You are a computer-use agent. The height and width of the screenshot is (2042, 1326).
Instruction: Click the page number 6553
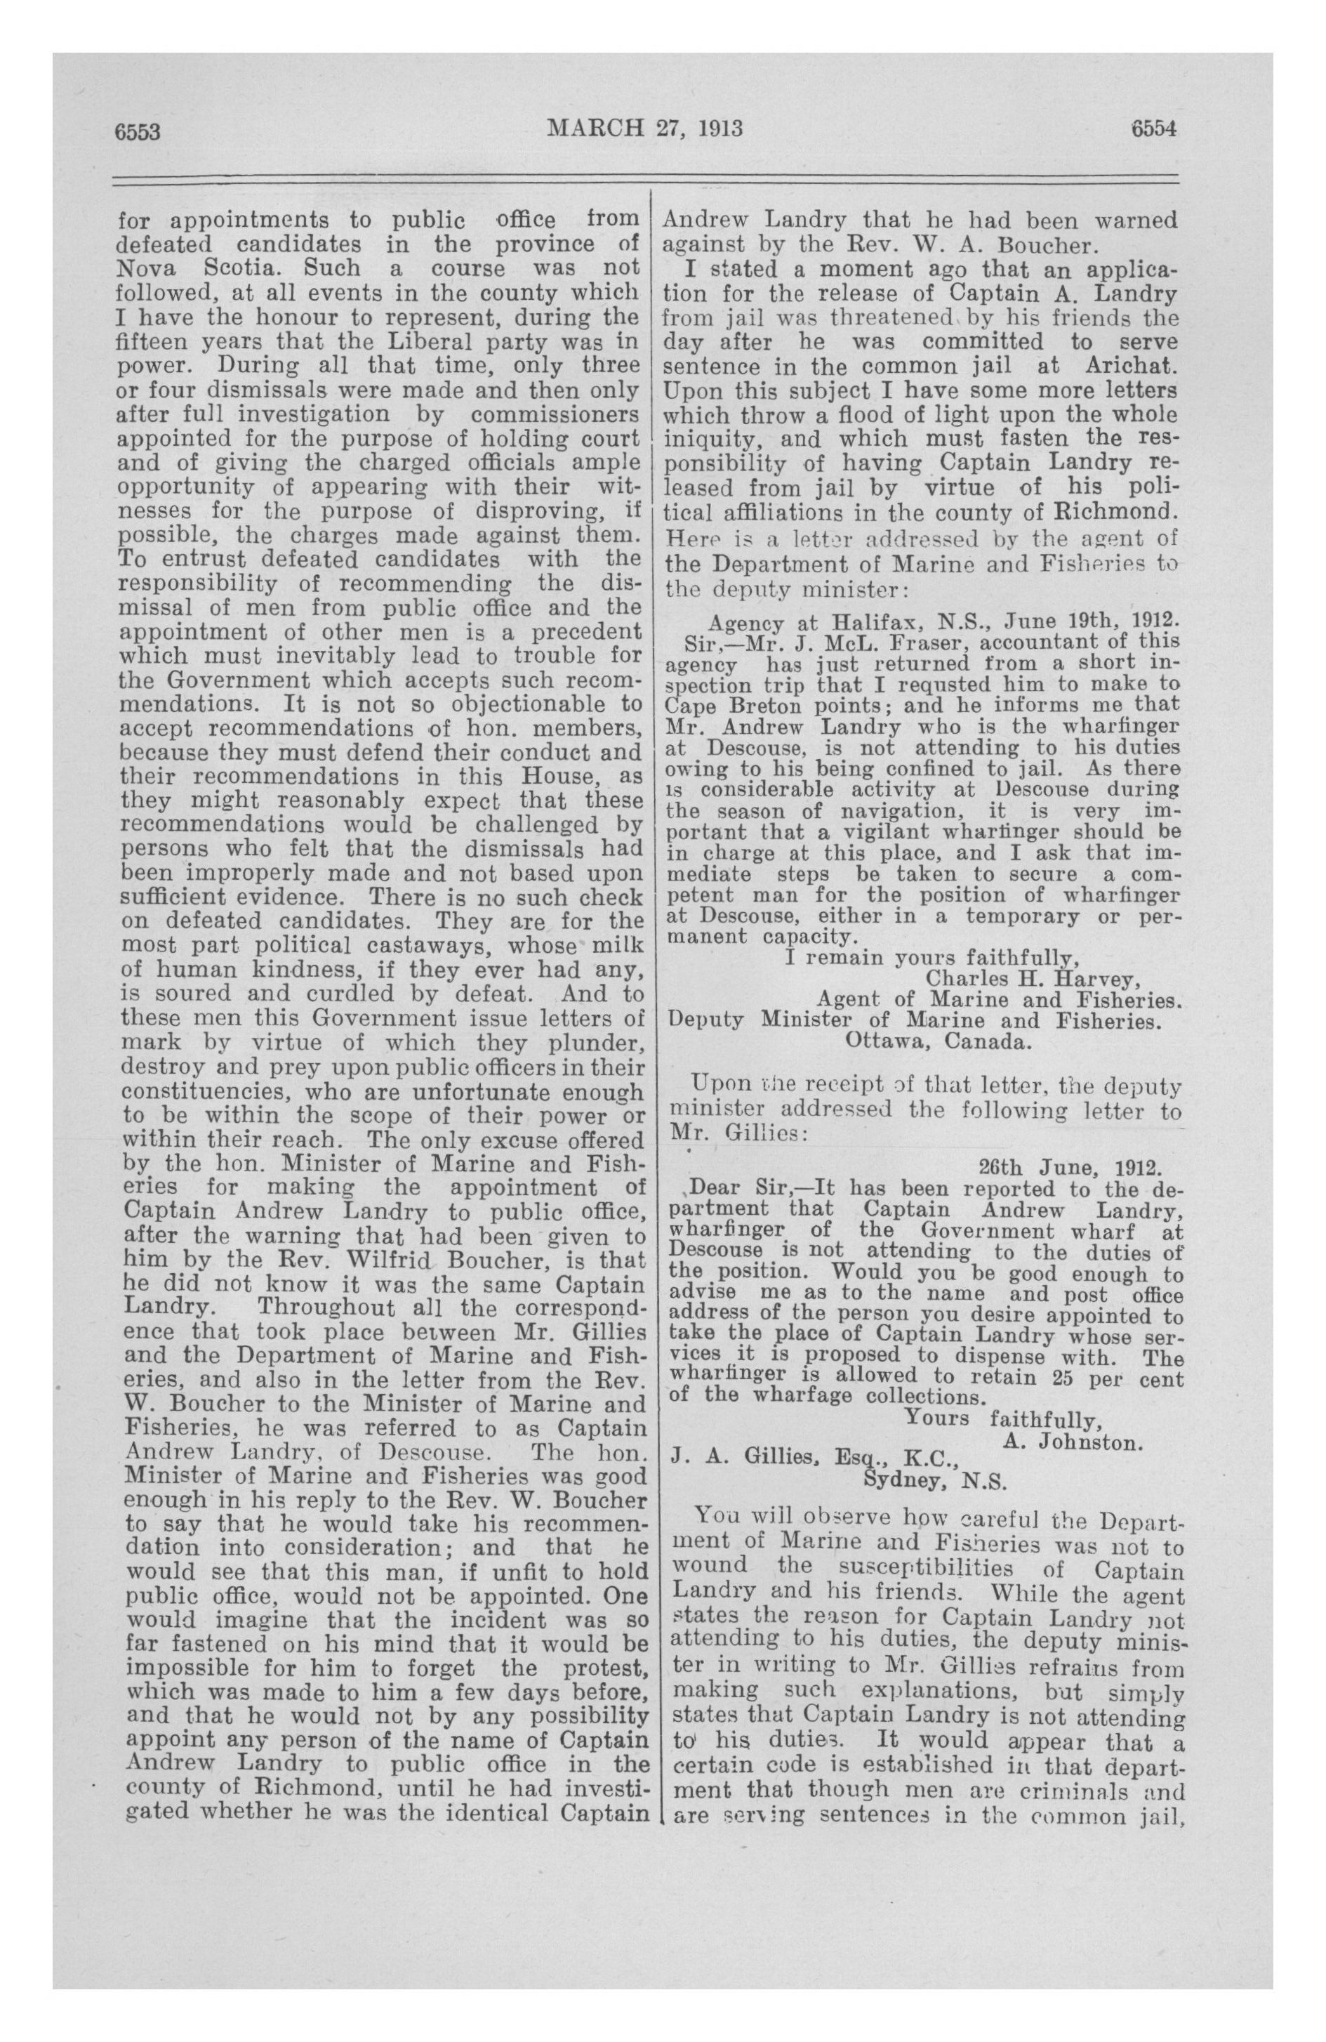139,131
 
